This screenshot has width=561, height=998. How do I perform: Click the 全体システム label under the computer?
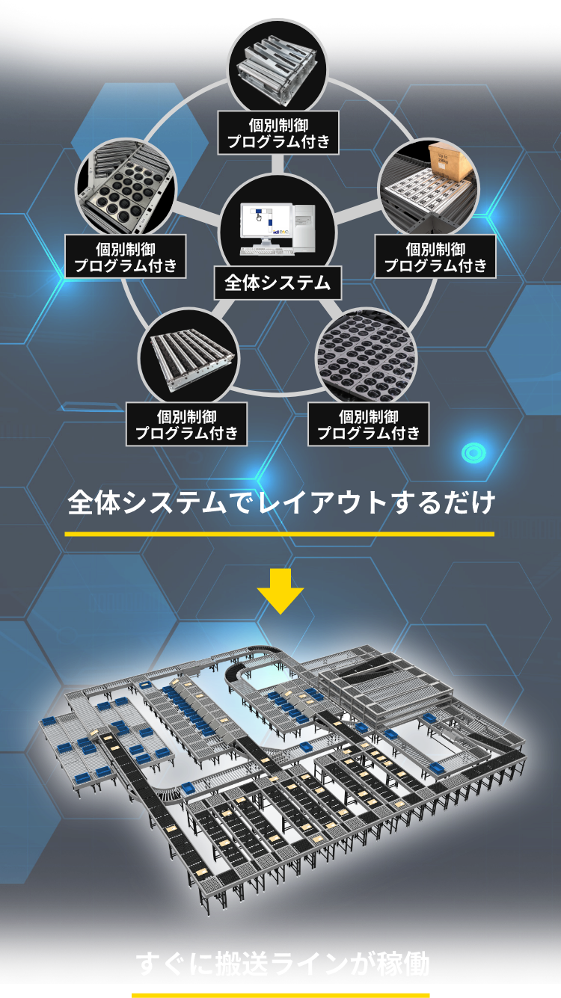[278, 283]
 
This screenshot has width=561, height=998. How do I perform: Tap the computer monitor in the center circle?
[267, 224]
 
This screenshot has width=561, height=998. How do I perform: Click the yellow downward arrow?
[280, 591]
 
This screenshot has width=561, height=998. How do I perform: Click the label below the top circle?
[278, 133]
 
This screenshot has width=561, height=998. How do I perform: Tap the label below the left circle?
[126, 256]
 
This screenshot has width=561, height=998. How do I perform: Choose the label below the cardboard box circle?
[435, 256]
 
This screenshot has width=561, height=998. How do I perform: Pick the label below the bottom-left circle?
[186, 424]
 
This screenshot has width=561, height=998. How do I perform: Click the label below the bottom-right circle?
[368, 424]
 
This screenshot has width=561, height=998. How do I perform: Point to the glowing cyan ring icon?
[473, 453]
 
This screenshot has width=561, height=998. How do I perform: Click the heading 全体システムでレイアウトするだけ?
[281, 502]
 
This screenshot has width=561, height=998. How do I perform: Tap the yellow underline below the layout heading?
[279, 534]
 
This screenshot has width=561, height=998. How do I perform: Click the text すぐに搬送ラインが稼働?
[282, 963]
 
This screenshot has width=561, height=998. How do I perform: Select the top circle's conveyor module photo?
[278, 67]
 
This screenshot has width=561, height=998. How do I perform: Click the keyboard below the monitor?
[267, 251]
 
